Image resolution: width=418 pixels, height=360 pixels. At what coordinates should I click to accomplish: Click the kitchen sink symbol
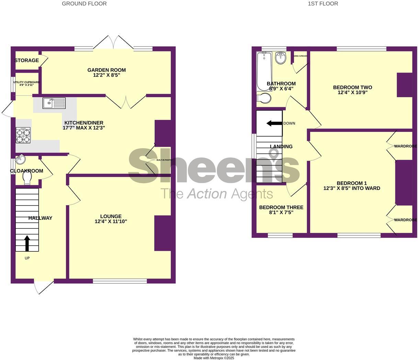click(x=54, y=103)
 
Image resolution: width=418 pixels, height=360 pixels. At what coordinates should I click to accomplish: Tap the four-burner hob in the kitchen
click(x=23, y=135)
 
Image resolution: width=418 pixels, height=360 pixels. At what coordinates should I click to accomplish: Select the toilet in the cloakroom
click(x=27, y=178)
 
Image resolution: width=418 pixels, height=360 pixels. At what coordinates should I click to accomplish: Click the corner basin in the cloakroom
click(x=20, y=159)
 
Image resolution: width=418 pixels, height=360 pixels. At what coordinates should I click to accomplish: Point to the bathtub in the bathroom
click(x=264, y=71)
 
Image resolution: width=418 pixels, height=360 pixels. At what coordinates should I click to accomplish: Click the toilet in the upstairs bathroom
click(x=264, y=98)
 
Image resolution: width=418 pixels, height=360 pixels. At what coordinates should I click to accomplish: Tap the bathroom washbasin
click(x=281, y=58)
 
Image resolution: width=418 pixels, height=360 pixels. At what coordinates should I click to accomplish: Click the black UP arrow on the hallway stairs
click(x=27, y=243)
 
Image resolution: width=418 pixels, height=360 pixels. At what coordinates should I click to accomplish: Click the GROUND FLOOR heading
click(x=84, y=4)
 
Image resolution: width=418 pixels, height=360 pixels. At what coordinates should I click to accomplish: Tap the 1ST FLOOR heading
click(x=323, y=4)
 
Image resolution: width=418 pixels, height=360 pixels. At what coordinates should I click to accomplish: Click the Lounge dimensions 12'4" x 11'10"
click(x=111, y=222)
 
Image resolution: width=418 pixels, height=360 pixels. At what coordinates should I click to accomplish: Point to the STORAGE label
click(x=27, y=60)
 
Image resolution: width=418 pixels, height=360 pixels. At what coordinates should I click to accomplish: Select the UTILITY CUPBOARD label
click(x=27, y=82)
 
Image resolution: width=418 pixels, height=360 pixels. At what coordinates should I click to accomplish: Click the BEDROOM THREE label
click(x=281, y=207)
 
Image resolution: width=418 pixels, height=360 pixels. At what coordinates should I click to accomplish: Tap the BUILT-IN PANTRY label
click(x=164, y=160)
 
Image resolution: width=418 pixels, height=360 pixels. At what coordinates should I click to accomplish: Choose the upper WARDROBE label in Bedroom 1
click(x=405, y=146)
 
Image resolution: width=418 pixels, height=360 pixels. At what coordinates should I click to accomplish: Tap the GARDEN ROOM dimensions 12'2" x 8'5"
click(x=106, y=75)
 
